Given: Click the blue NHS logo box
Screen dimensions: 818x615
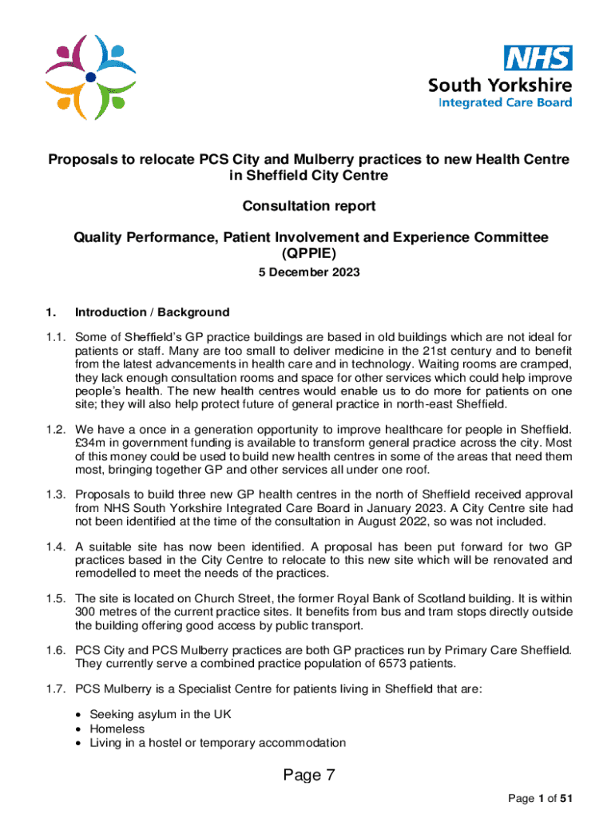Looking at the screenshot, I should coord(537,58).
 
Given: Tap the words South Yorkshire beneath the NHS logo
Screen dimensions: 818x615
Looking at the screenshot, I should coord(500,85).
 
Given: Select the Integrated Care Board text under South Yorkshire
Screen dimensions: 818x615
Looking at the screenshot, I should coord(505,102).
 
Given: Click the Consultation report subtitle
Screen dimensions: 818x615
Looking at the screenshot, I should coord(308,206).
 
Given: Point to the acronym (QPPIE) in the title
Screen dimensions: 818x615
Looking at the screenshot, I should coord(308,253).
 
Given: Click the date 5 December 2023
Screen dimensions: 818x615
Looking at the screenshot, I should coord(308,272).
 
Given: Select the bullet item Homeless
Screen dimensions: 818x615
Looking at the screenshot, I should coord(117,729).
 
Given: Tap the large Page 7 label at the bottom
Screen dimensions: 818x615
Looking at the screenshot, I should coord(308,775).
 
